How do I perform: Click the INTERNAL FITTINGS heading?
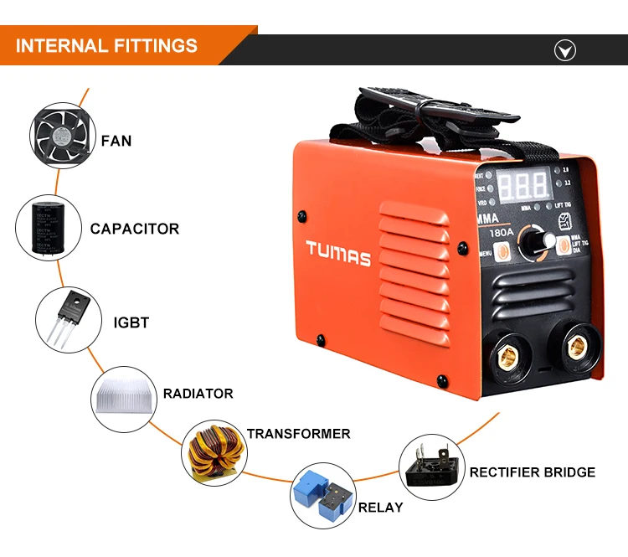106,45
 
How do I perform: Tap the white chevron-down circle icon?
565,51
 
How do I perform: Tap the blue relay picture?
323,494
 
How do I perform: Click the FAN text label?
116,141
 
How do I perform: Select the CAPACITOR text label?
135,229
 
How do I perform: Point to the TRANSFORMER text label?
298,434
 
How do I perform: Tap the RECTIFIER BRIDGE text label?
533,472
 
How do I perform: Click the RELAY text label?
380,508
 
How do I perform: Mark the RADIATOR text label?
198,394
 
